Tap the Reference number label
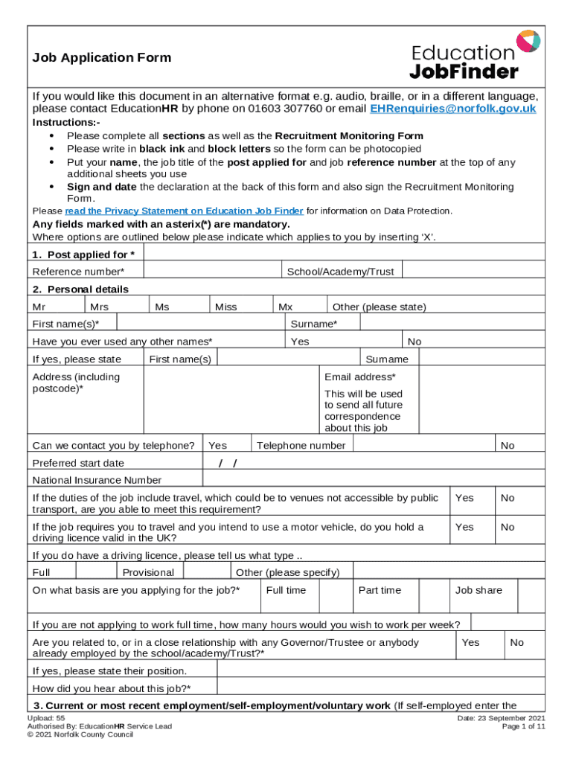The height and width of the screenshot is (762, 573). click(x=78, y=272)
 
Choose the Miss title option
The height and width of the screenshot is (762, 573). click(x=226, y=307)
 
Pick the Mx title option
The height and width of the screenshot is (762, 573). click(x=285, y=307)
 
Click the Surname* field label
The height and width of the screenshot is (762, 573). click(x=313, y=324)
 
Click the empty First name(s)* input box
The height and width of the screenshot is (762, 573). click(x=200, y=324)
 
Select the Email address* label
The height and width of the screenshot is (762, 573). click(x=360, y=377)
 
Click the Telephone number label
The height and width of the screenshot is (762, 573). click(x=301, y=446)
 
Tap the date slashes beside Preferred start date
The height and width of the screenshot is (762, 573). click(x=228, y=464)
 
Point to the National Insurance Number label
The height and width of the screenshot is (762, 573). click(x=97, y=480)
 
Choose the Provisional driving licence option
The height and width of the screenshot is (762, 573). click(x=148, y=572)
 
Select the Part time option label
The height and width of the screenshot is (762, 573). click(x=380, y=590)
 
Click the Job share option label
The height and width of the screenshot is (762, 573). click(x=478, y=590)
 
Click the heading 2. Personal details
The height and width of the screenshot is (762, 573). click(x=80, y=289)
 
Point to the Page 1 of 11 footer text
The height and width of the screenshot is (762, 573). click(x=524, y=726)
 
